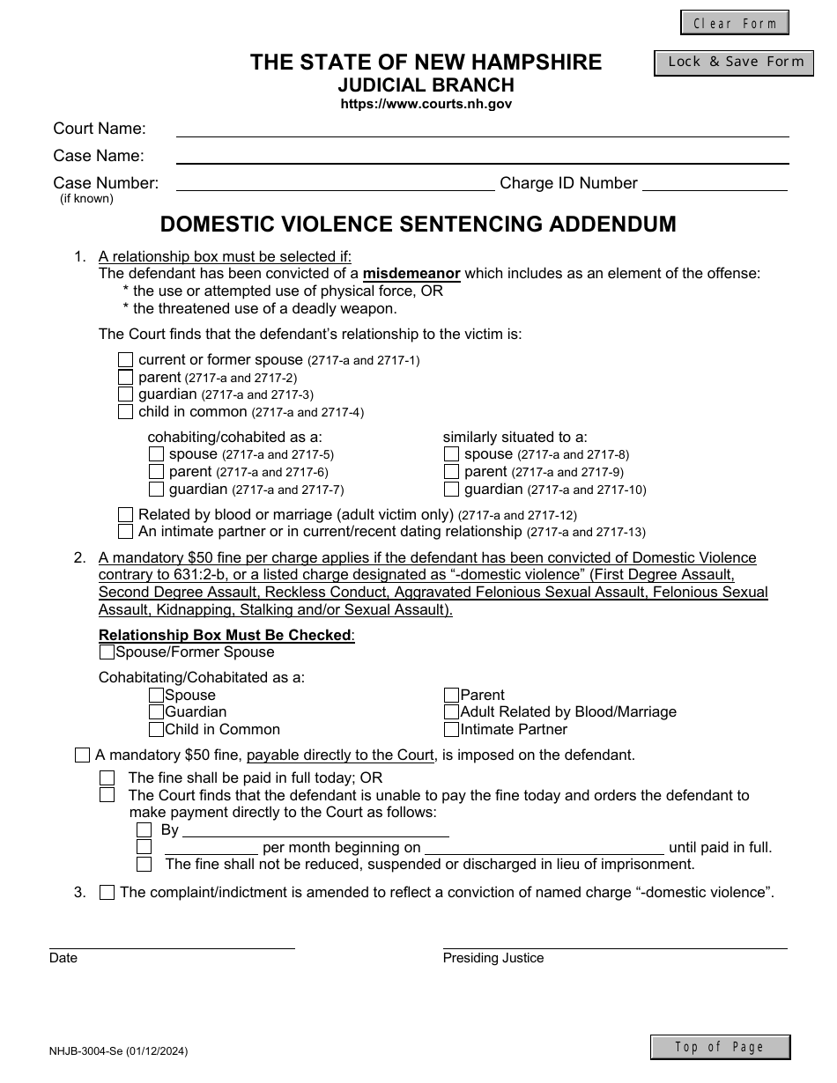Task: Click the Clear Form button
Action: [x=734, y=23]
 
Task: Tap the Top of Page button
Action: [x=720, y=1047]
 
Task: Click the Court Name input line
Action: [x=482, y=129]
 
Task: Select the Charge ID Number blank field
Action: [x=715, y=183]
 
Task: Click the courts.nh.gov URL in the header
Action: [x=426, y=104]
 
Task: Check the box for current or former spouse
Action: [x=125, y=360]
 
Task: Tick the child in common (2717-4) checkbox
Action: [x=125, y=412]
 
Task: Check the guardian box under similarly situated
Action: [x=451, y=490]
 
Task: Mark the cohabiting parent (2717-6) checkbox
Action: [x=156, y=472]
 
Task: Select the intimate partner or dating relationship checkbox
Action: [x=125, y=532]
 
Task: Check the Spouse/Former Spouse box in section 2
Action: [x=107, y=652]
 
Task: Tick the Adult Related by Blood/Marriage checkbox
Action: [x=451, y=712]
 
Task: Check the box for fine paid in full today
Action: [x=107, y=778]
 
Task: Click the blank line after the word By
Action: [x=315, y=829]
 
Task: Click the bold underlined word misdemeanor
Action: [x=411, y=274]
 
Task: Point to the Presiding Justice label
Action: [x=493, y=958]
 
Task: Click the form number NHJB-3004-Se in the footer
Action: [x=118, y=1051]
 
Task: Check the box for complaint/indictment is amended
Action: [x=107, y=893]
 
